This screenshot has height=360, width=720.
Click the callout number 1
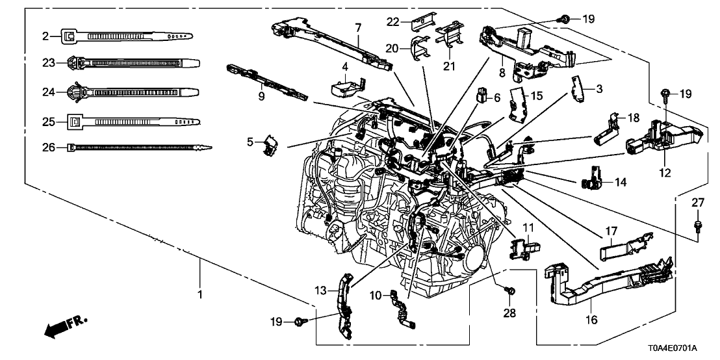200,294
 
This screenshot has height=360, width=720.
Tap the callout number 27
697,203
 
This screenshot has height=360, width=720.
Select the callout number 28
510,313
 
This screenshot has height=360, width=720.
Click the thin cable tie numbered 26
140,148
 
